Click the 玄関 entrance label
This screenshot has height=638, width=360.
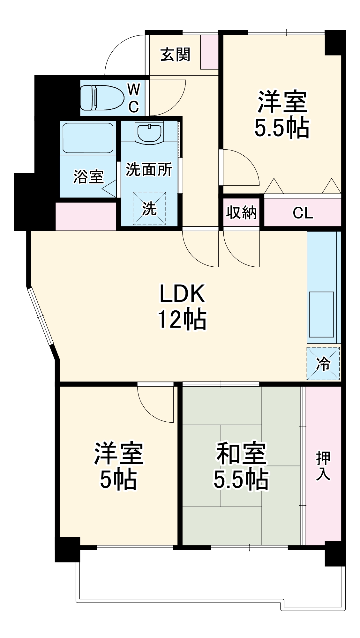(x=175, y=55)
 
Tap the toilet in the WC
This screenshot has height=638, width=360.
(x=102, y=97)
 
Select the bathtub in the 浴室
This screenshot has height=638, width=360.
(x=88, y=138)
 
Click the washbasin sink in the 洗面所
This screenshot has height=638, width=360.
(x=149, y=133)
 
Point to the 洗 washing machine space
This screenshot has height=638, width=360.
(x=149, y=208)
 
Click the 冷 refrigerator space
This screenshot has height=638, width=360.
(x=323, y=363)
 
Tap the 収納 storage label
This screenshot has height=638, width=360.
(x=241, y=212)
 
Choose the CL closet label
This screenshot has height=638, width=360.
(x=303, y=213)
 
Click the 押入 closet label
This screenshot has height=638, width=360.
(x=323, y=466)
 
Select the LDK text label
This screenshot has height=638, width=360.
(x=182, y=293)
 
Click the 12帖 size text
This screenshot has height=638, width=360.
(x=182, y=319)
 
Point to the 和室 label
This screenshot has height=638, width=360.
(x=241, y=453)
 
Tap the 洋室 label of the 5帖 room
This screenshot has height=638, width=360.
(x=119, y=453)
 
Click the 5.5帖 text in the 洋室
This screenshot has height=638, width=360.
(x=282, y=128)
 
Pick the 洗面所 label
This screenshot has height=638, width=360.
(x=149, y=169)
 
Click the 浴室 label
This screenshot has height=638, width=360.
(x=88, y=176)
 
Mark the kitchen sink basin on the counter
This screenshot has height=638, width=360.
(x=321, y=314)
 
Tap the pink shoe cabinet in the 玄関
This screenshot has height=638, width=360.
(x=209, y=52)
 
